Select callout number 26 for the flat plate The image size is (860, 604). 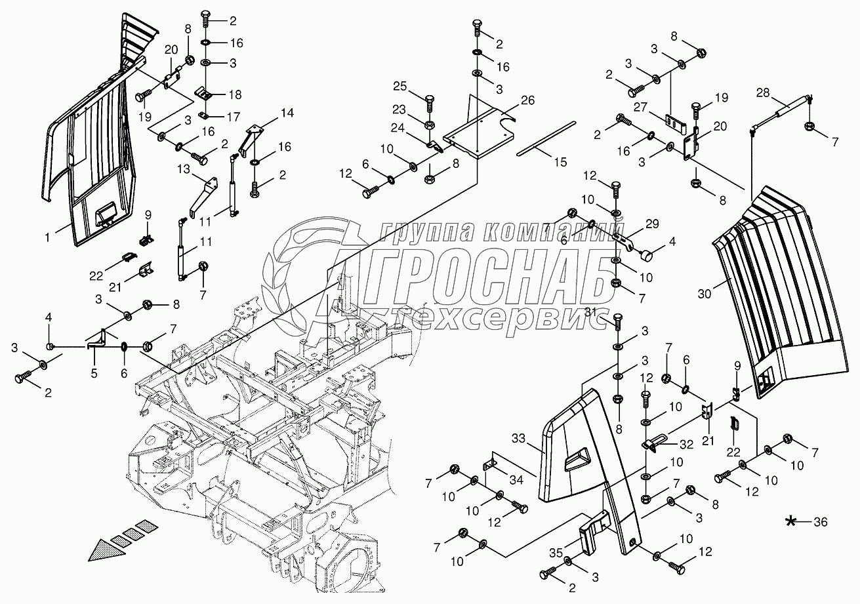click(x=528, y=100)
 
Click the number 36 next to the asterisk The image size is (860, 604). click(x=820, y=522)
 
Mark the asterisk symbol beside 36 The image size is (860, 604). click(x=792, y=521)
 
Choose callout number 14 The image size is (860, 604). click(x=286, y=112)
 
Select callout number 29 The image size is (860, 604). click(x=651, y=224)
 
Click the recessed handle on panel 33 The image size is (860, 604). click(x=576, y=459)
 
